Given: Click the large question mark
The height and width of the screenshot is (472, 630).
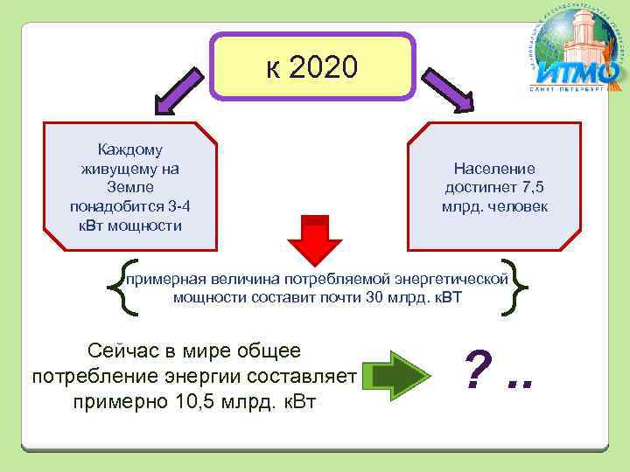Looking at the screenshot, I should (x=478, y=371).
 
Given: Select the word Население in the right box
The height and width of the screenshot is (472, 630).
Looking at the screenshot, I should (x=494, y=169).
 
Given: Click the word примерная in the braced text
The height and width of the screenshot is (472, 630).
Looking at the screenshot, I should (x=163, y=279).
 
